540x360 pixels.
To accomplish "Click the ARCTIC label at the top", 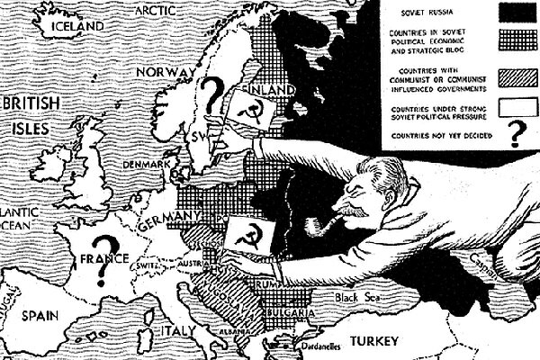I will [156, 10].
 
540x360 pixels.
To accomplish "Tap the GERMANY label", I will [167, 219].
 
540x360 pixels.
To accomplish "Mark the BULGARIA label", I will [288, 312].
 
